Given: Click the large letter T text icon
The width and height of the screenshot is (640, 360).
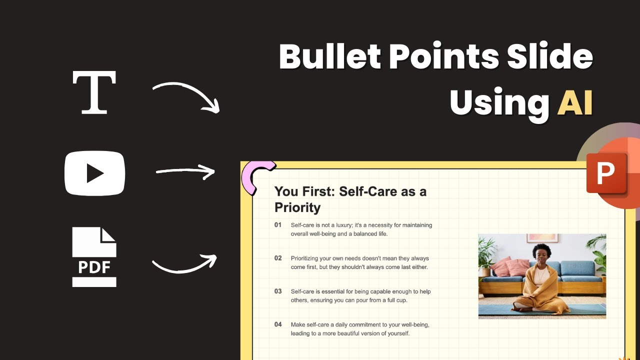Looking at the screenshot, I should point(94,92).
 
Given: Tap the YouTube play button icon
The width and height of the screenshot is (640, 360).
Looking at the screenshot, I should point(94,173).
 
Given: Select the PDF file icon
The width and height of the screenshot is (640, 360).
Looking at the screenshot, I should point(94,257).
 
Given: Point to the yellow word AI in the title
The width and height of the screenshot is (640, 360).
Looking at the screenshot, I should point(575,102).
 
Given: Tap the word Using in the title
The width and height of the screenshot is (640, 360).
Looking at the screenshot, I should point(499,102).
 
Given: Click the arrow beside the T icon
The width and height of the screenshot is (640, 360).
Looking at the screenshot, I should point(186,96).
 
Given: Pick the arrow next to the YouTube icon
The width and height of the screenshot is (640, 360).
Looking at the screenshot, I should point(185,172).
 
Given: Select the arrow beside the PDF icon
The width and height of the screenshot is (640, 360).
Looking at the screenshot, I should point(184,263).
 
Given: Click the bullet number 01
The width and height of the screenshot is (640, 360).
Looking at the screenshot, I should point(278,225).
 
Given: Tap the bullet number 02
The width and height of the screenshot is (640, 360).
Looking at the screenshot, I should point(278,258).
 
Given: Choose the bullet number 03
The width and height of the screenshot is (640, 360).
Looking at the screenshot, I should point(278,291).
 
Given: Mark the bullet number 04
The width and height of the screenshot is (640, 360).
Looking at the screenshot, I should point(278,324).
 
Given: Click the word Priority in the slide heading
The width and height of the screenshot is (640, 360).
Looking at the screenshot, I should point(297,207).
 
